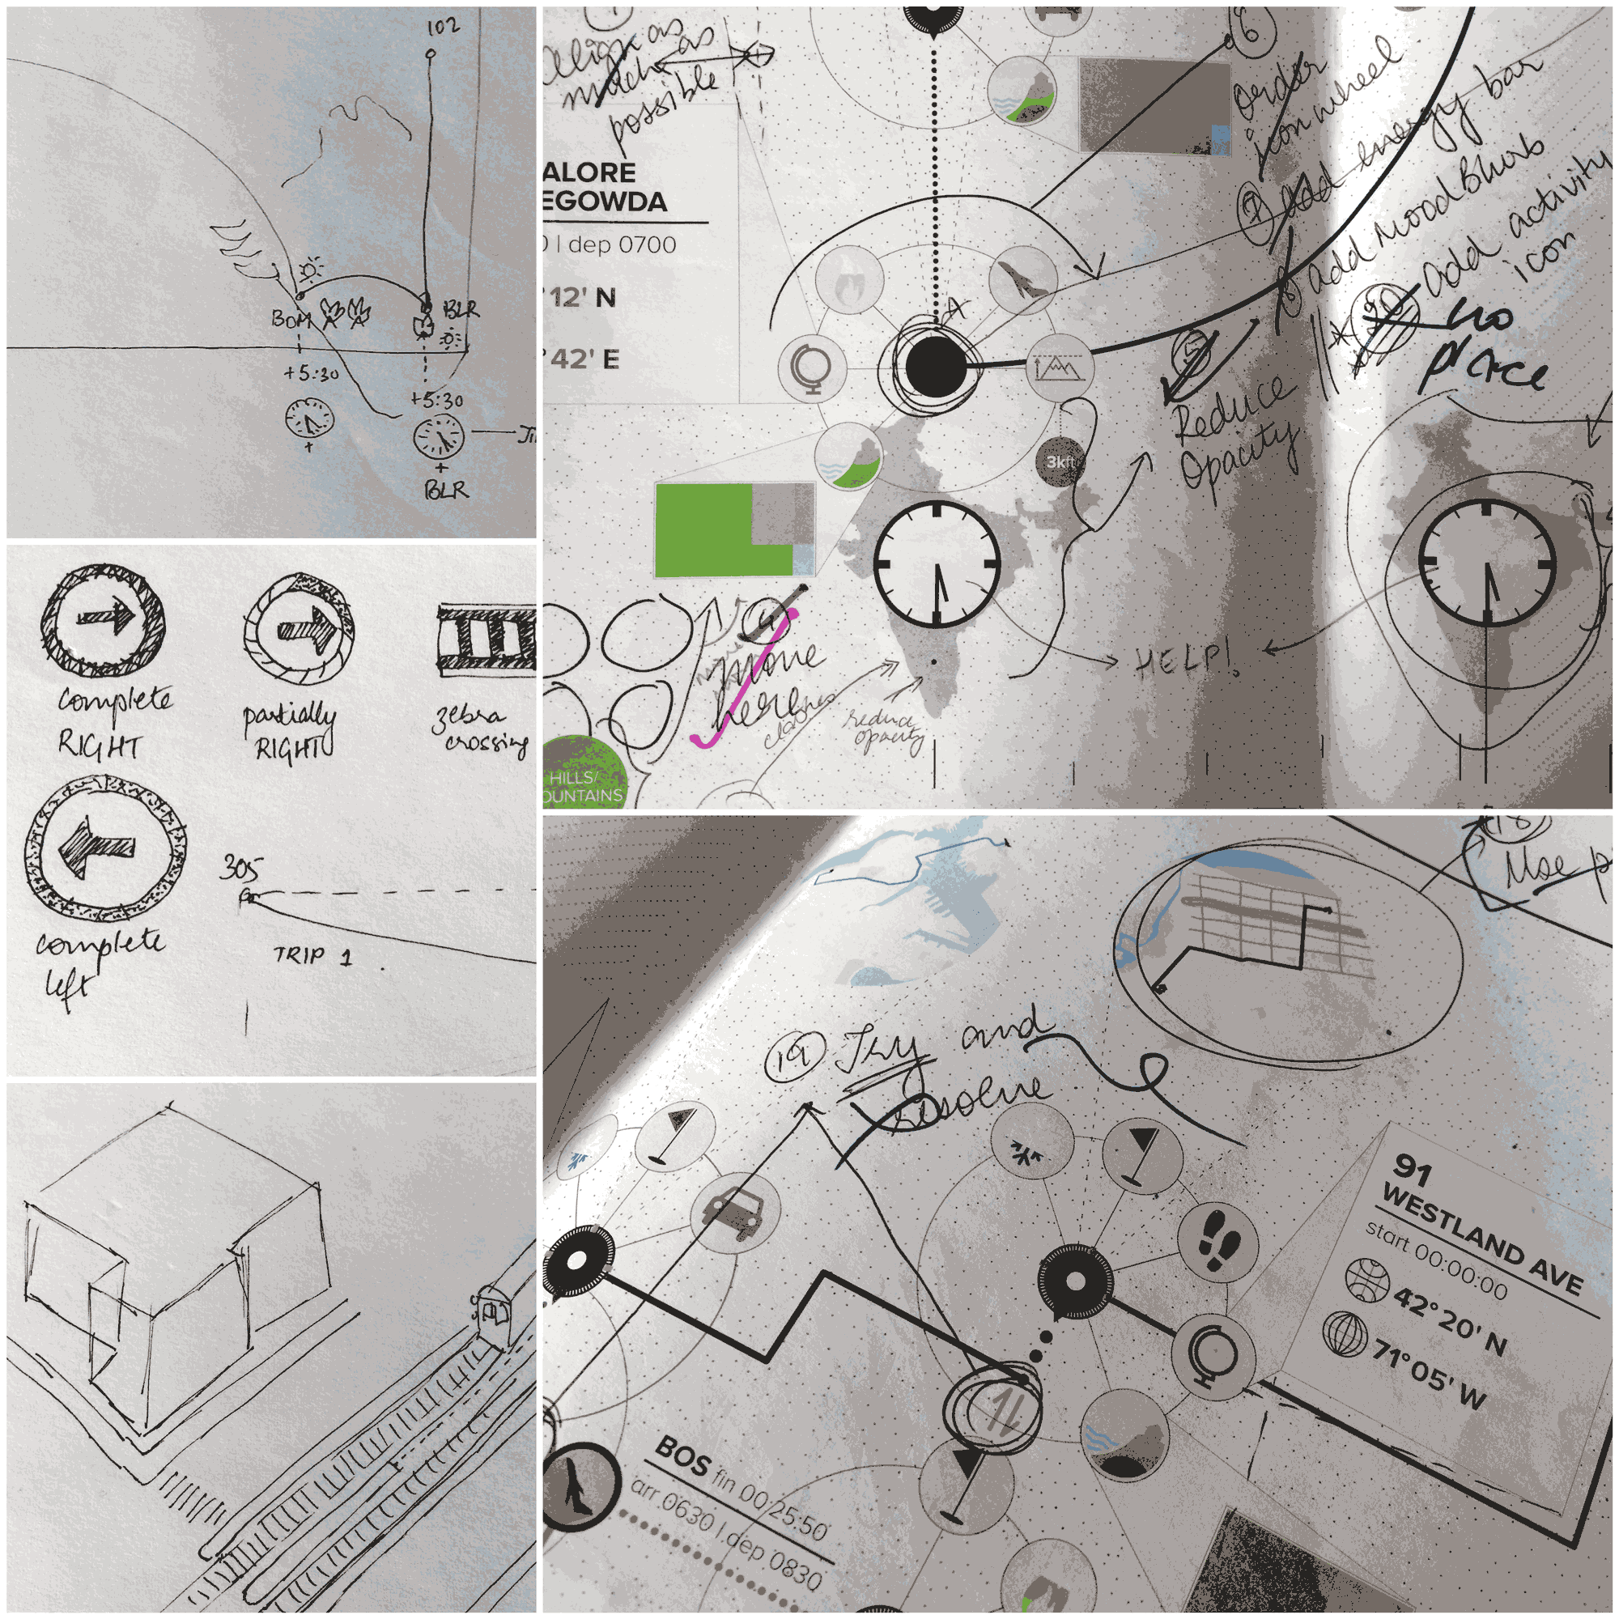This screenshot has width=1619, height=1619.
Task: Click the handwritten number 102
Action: click(443, 28)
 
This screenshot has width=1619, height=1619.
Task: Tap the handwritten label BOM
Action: click(289, 320)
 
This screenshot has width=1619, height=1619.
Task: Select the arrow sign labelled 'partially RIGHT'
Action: click(300, 627)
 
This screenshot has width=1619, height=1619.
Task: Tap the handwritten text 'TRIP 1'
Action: click(312, 955)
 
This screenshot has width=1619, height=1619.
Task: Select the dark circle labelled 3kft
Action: click(1061, 461)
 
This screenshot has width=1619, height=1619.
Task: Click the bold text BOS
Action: click(683, 1457)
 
